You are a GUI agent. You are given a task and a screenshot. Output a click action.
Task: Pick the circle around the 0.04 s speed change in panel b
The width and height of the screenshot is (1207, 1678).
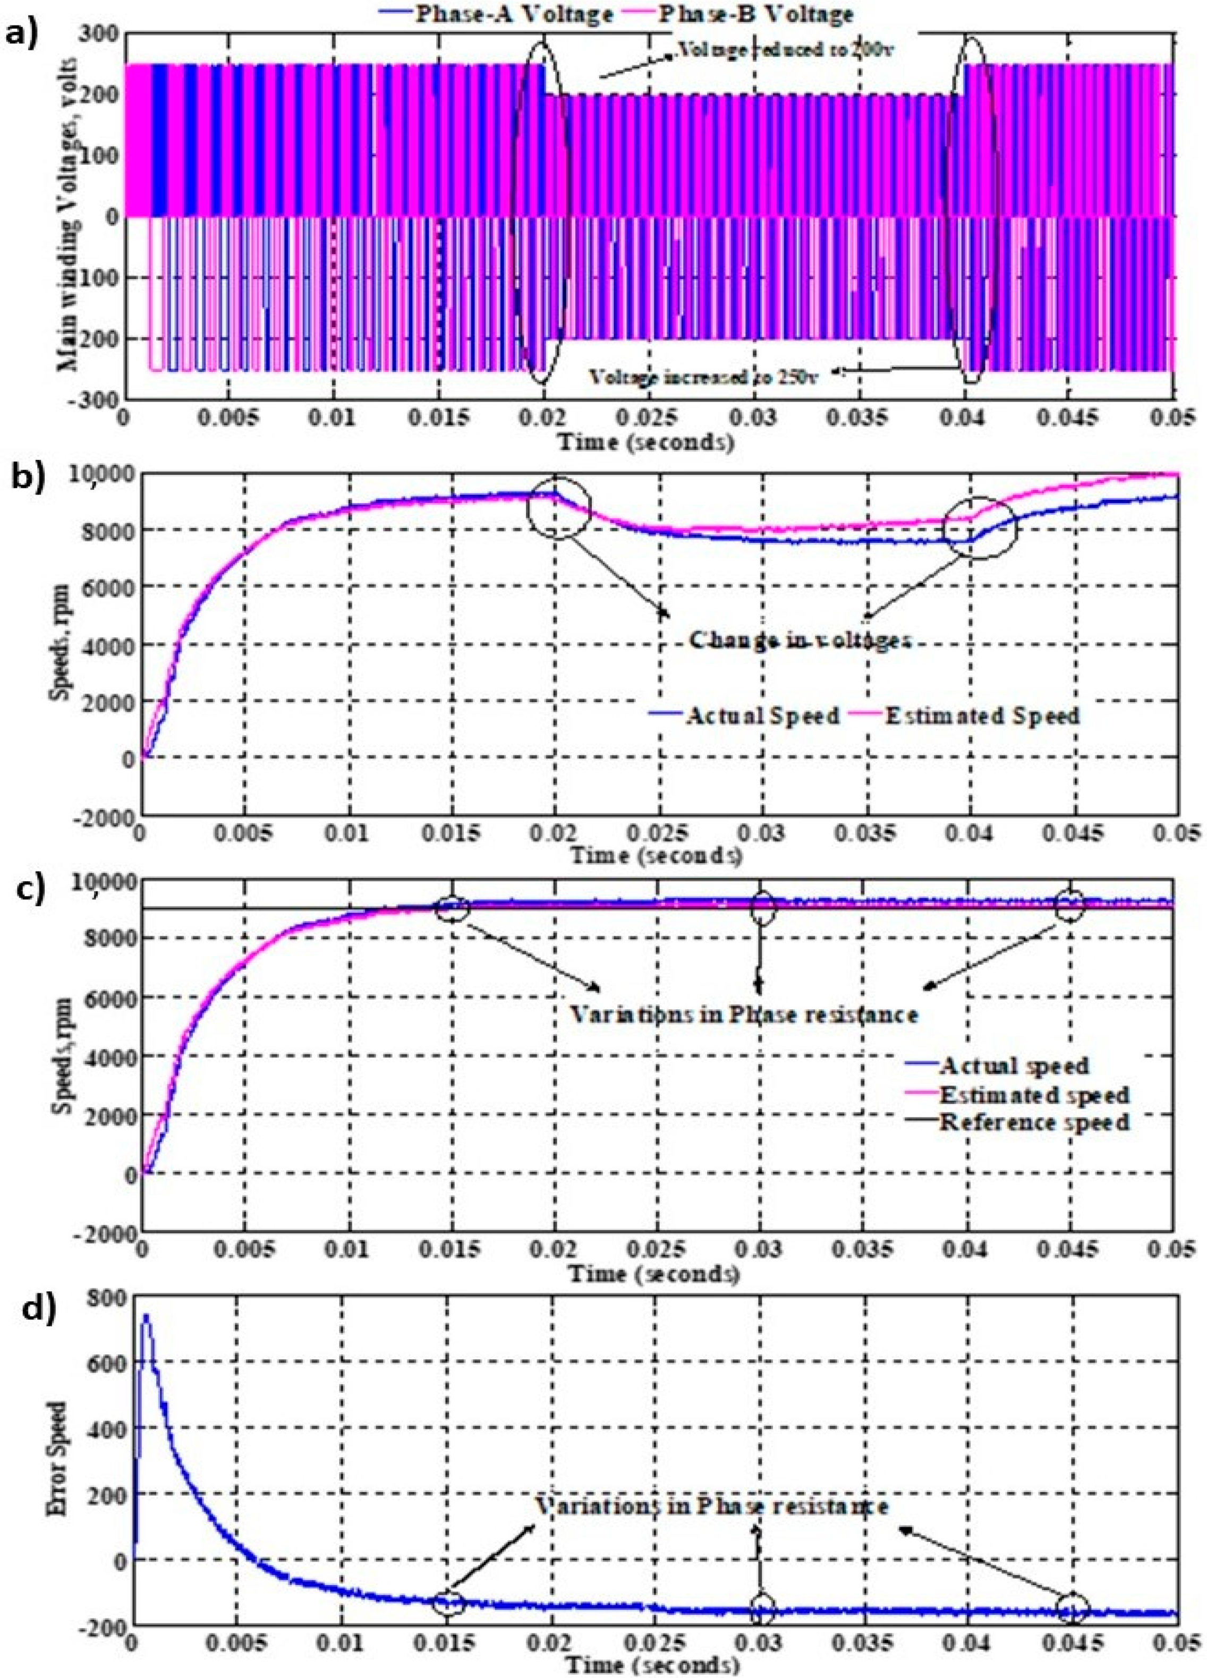click(x=981, y=527)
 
